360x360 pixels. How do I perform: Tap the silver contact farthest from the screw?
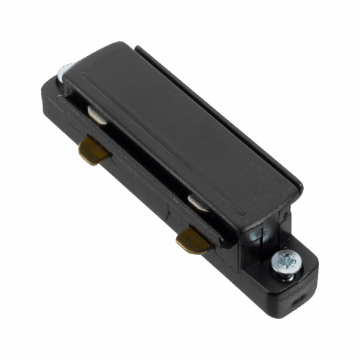[x=98, y=113]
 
